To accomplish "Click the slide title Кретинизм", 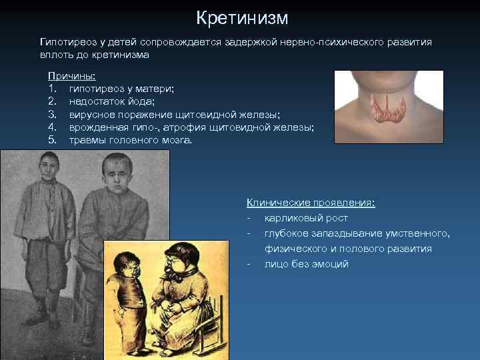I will point(243,17).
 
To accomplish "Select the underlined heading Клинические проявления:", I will point(311,203).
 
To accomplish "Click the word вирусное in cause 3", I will point(91,115).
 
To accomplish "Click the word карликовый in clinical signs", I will point(295,218).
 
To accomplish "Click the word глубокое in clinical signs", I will point(287,233).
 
